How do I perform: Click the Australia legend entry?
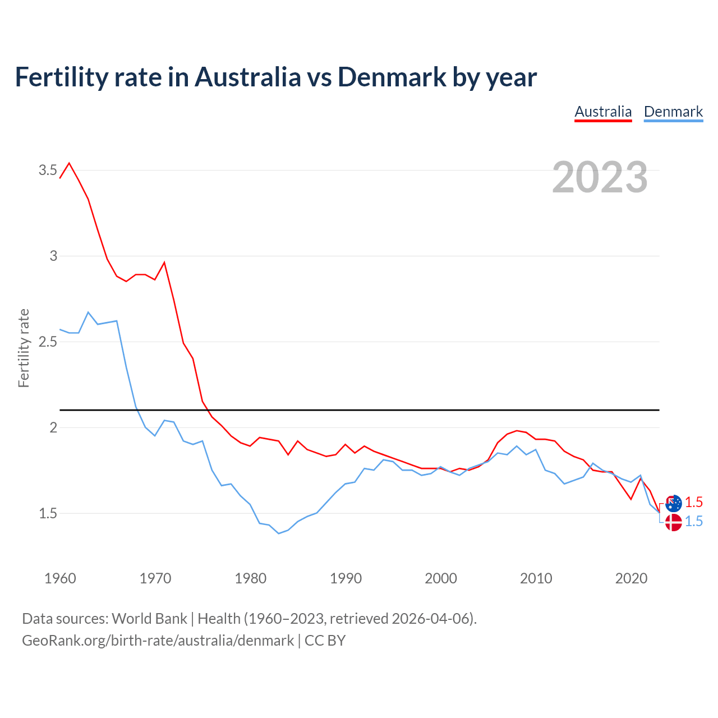tap(603, 112)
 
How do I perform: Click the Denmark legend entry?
tap(673, 112)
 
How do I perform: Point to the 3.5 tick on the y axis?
tap(48, 170)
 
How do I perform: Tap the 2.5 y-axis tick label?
tap(48, 342)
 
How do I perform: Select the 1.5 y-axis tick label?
tap(48, 513)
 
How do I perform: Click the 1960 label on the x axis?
tap(60, 578)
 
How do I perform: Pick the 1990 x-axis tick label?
tap(346, 578)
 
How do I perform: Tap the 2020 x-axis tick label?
tap(631, 578)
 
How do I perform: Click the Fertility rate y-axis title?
tap(24, 348)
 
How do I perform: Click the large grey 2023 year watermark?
tap(600, 177)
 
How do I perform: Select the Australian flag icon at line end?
tap(674, 503)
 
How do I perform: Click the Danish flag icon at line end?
tap(673, 522)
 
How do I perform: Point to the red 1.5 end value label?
tap(694, 502)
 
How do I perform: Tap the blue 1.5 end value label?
tap(694, 521)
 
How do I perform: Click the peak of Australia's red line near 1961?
tap(69, 163)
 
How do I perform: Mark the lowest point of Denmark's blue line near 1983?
tap(278, 533)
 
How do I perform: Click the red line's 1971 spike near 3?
tap(164, 262)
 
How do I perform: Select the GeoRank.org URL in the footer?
tap(158, 641)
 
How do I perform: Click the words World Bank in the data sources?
tap(149, 619)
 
